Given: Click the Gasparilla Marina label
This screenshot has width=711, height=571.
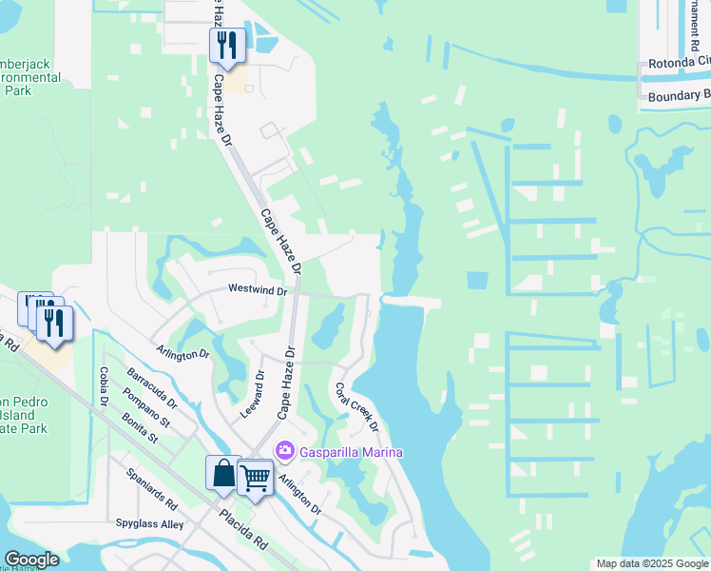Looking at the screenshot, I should [352, 451].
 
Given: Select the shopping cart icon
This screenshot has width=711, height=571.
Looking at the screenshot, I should [255, 479].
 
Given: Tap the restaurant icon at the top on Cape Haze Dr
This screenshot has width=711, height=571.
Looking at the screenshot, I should [227, 45].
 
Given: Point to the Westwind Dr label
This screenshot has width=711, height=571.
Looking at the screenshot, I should [257, 289].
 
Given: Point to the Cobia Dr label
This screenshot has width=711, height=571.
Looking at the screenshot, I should [104, 386].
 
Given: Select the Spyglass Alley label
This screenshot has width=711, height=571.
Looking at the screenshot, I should [145, 524].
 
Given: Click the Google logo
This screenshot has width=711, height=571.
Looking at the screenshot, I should [31, 560].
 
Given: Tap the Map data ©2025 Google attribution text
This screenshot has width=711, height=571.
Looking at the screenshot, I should [652, 563].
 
